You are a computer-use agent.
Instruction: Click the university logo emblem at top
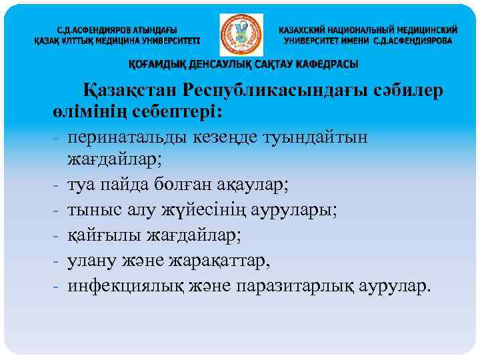pyautogui.click(x=241, y=35)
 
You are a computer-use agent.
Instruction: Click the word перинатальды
pyautogui.click(x=129, y=135)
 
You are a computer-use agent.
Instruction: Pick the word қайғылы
pyautogui.click(x=99, y=235)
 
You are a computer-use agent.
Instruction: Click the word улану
pyautogui.click(x=89, y=261)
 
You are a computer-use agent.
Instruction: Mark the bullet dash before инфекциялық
pyautogui.click(x=57, y=286)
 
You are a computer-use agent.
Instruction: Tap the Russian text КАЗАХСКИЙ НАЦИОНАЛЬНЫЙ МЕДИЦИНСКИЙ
pyautogui.click(x=368, y=31)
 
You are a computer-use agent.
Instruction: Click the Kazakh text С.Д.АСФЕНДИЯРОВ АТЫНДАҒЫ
pyautogui.click(x=117, y=31)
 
